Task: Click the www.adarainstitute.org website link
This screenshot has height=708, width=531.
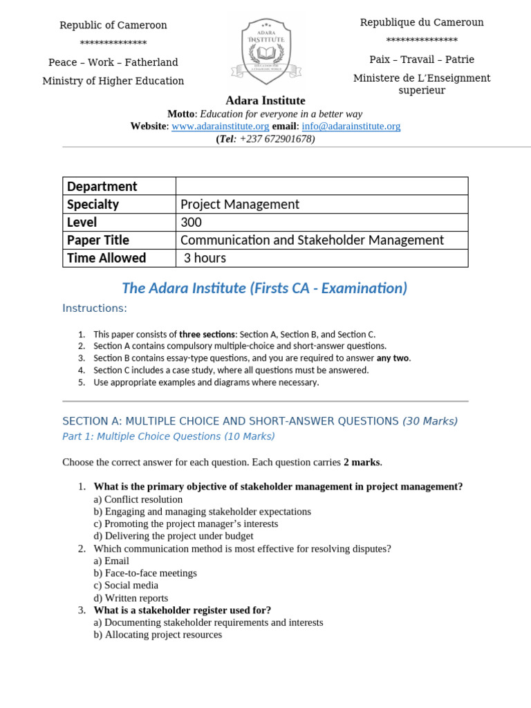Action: click(x=220, y=127)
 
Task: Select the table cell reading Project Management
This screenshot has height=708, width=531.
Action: click(x=240, y=204)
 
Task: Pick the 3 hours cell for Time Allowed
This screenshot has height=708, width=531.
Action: click(x=205, y=258)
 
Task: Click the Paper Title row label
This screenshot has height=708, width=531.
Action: click(x=98, y=240)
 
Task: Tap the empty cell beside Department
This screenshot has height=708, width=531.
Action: click(x=322, y=186)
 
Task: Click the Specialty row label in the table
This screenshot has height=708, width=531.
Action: click(x=93, y=204)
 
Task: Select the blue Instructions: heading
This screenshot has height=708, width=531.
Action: click(x=95, y=308)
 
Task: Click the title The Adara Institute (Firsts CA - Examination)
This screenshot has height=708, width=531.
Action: click(x=265, y=288)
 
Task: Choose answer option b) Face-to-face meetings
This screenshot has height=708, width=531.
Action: click(x=145, y=573)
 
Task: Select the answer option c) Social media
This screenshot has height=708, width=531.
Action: click(x=126, y=586)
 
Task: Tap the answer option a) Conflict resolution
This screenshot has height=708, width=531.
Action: click(x=138, y=499)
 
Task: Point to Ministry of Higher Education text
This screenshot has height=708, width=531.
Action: click(x=113, y=81)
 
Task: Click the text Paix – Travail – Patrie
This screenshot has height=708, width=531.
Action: click(x=422, y=59)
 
